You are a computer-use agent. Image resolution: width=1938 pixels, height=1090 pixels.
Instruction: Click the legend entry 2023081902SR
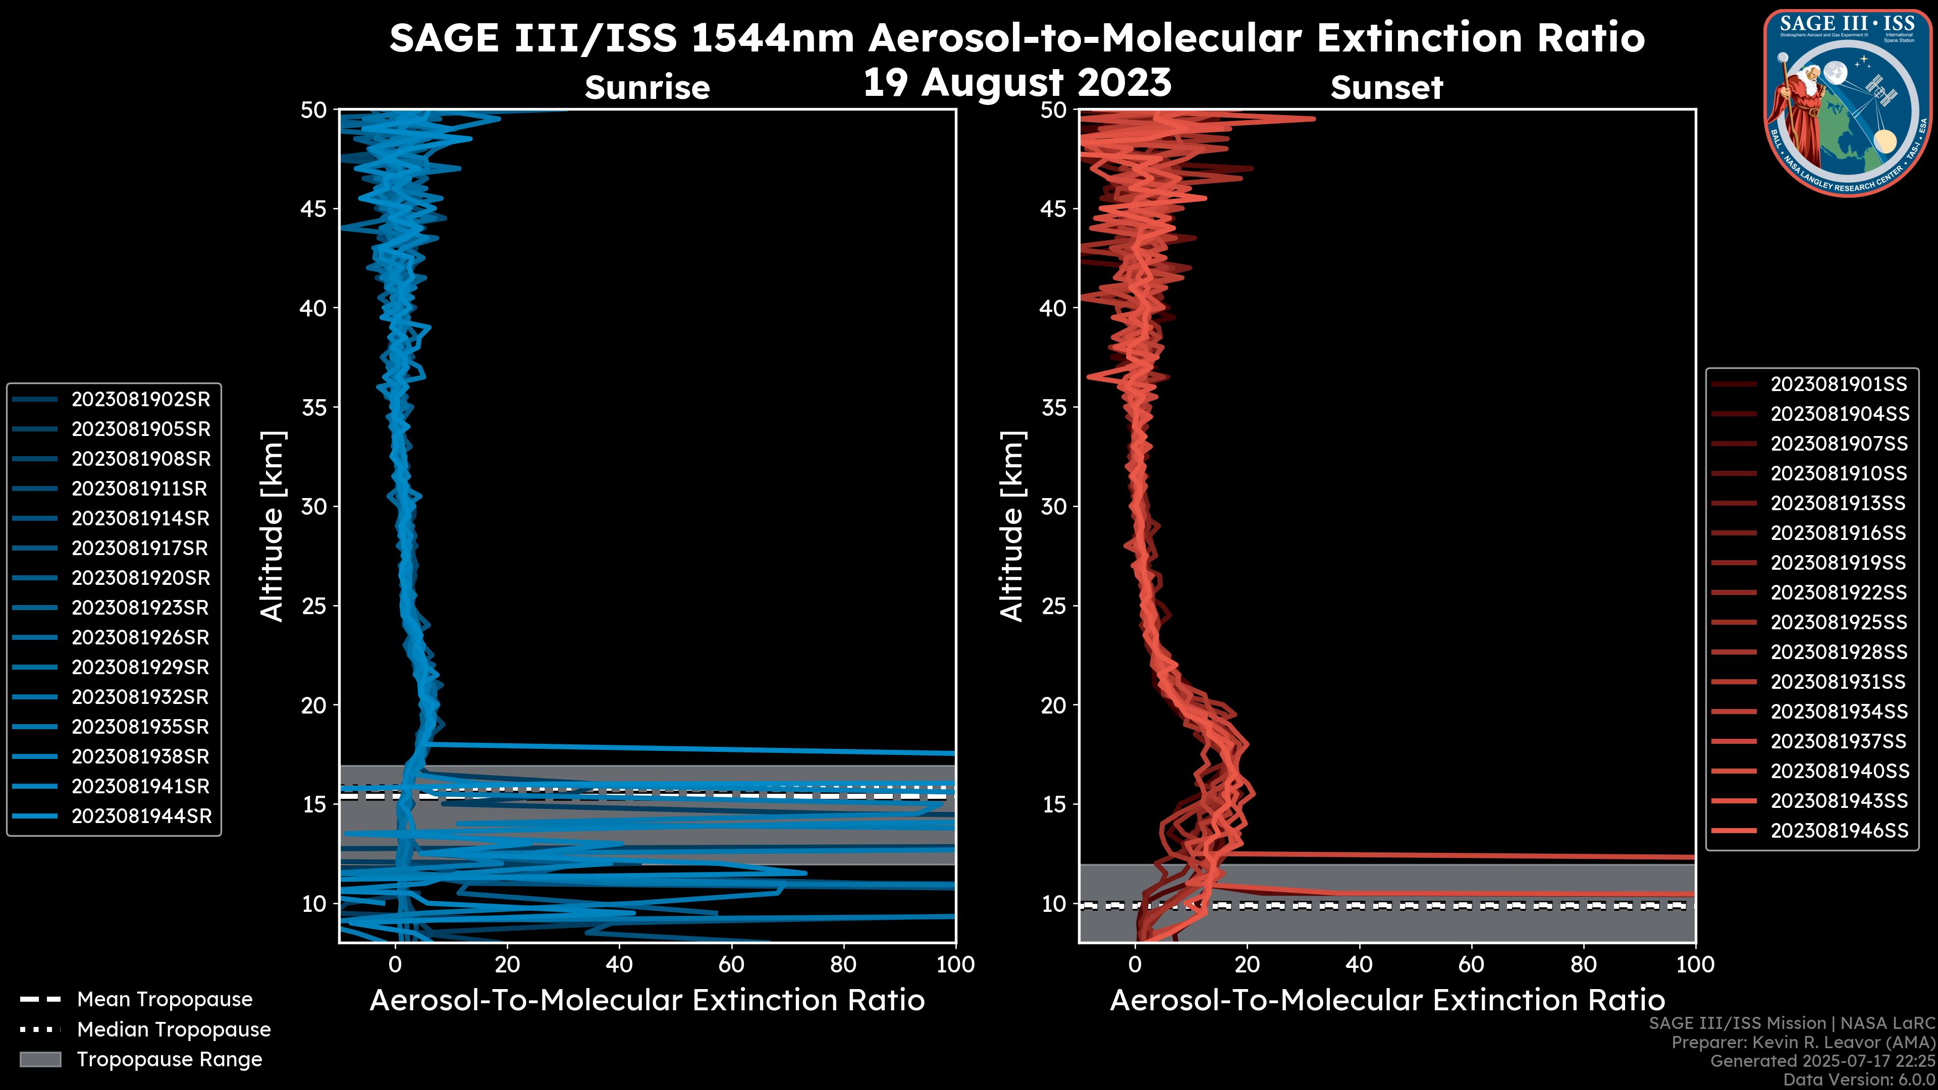[141, 400]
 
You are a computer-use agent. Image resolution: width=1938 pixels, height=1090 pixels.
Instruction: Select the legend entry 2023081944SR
[141, 816]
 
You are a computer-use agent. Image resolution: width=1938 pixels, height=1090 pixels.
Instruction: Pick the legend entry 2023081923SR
[141, 608]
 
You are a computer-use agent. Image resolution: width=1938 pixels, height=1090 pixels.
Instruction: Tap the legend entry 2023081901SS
[1838, 385]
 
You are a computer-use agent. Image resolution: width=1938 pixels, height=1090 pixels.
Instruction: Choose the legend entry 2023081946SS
[1839, 831]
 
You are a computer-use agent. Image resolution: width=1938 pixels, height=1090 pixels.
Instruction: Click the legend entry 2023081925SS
[1838, 622]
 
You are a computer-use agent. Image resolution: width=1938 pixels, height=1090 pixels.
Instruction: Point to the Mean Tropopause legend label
[165, 1000]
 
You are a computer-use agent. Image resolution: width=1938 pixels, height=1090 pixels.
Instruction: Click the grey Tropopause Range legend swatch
[40, 1059]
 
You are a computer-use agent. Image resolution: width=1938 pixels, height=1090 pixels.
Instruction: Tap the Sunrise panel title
[647, 88]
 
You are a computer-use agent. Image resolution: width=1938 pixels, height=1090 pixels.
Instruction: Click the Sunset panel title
[1386, 88]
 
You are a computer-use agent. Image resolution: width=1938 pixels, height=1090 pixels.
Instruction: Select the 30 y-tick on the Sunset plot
[1054, 506]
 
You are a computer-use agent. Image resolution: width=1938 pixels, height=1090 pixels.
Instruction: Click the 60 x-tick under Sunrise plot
[731, 964]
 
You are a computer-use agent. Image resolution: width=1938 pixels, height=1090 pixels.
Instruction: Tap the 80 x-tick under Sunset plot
[1584, 964]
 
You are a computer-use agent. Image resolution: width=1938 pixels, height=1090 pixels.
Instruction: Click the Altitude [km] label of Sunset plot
[1012, 526]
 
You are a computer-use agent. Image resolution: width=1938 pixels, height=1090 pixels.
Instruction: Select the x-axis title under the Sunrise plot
[647, 1001]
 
